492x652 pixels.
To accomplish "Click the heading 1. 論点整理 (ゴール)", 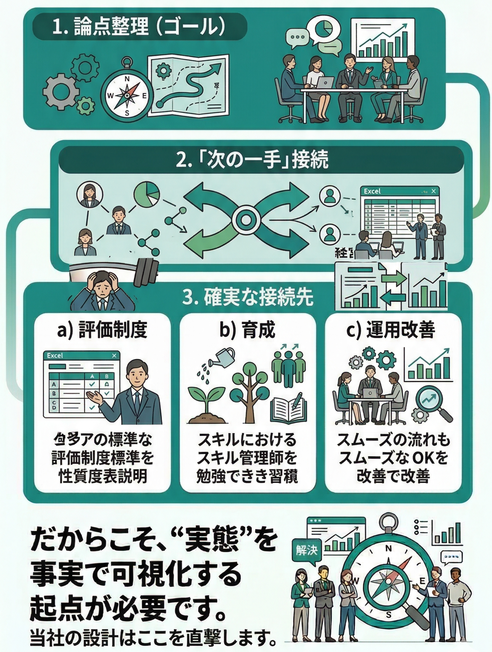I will [139, 27].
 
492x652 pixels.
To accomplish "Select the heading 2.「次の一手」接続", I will [252, 159].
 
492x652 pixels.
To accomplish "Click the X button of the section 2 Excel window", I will [433, 191].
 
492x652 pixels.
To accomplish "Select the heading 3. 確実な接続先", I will [248, 298].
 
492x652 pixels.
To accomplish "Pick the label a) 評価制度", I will [102, 330].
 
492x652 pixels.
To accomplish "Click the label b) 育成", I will [247, 330].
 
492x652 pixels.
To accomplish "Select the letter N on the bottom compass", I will [388, 539].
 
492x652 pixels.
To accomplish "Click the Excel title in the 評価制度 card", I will [55, 356].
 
